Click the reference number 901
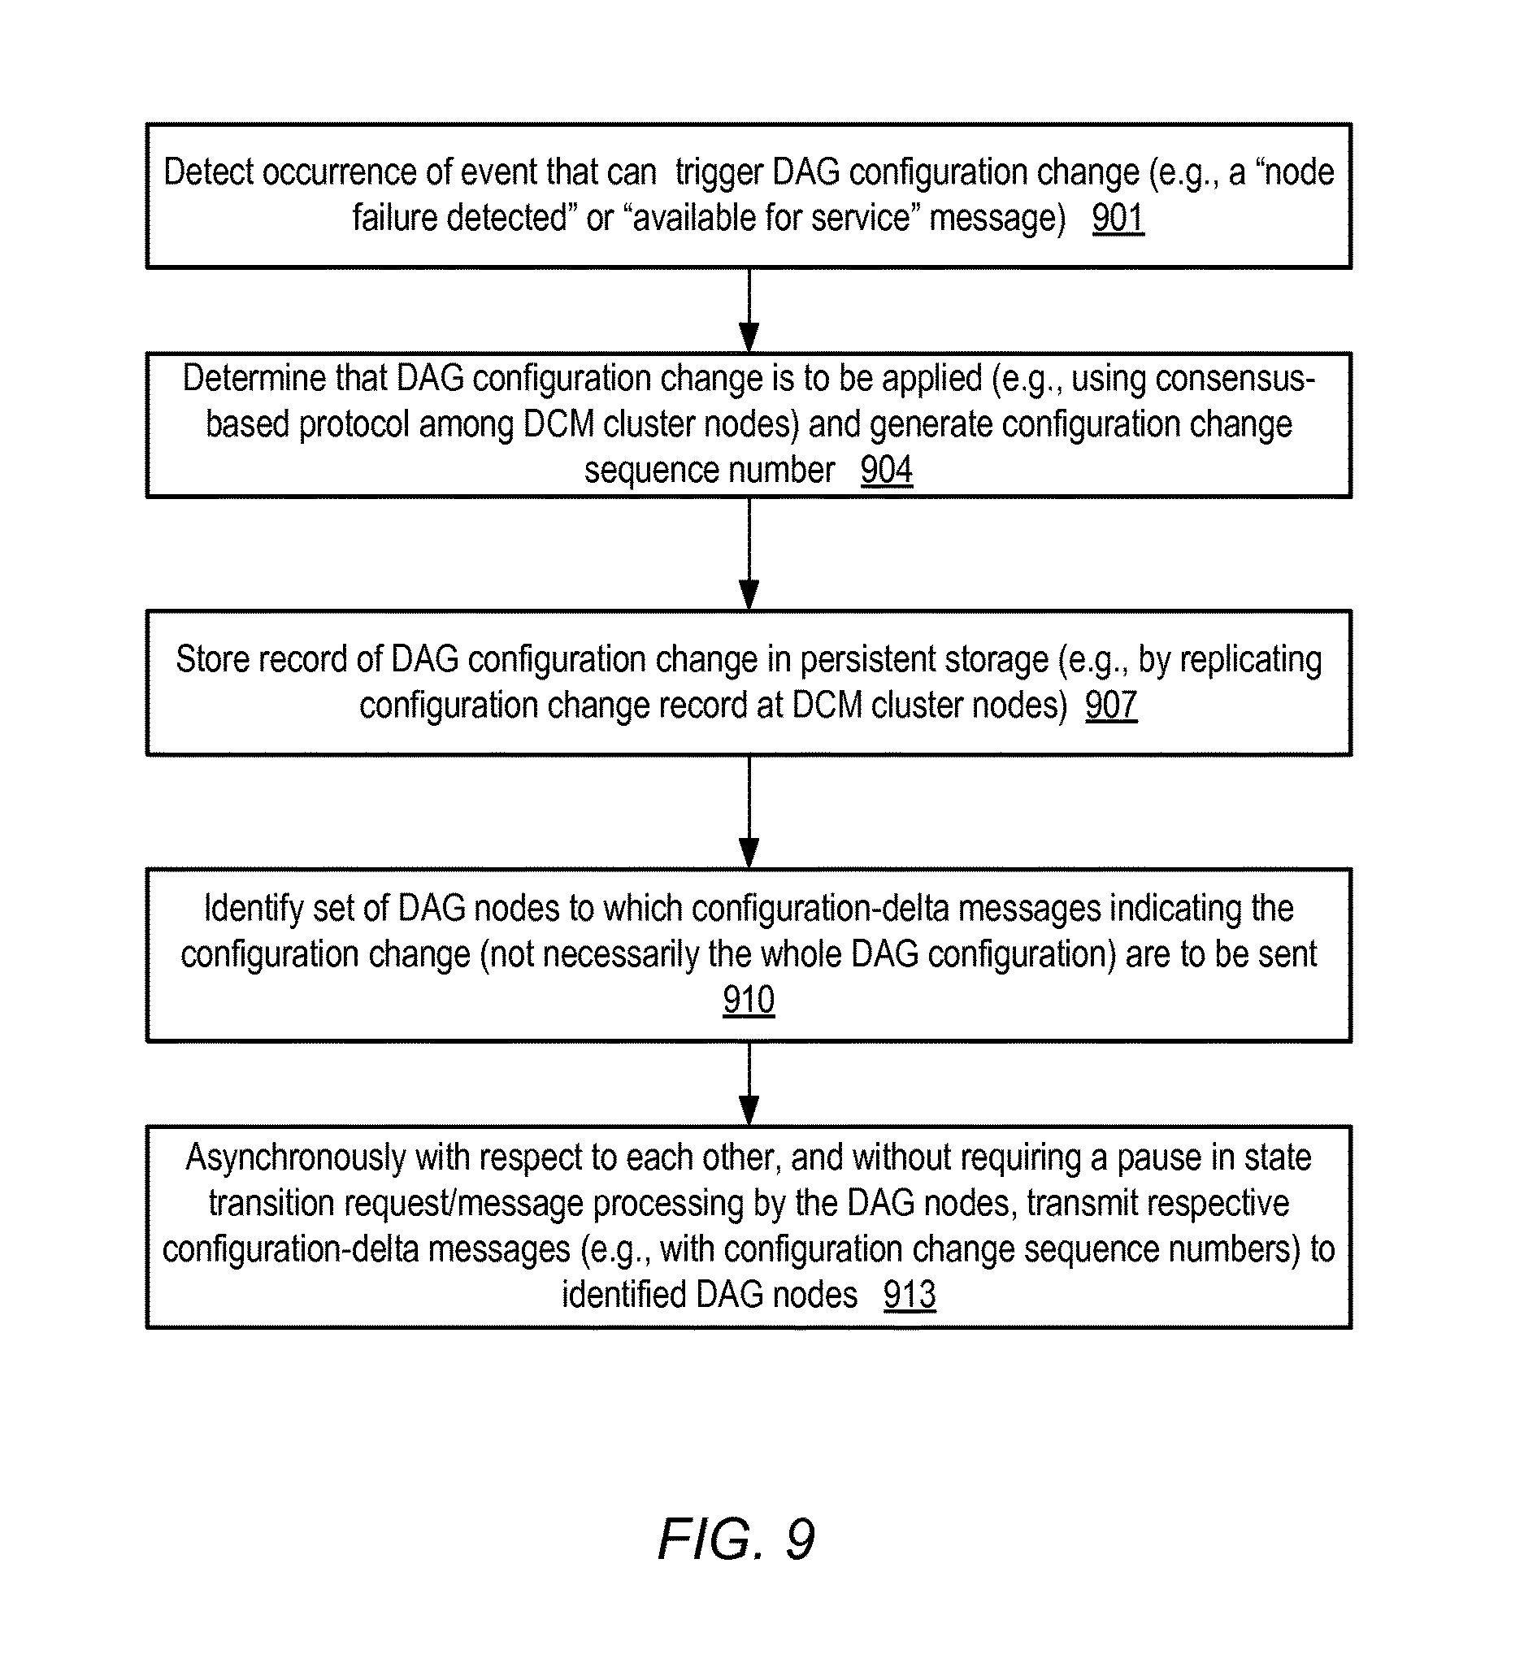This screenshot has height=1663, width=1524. [1118, 218]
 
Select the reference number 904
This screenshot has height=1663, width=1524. [887, 470]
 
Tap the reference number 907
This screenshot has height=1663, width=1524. [1111, 706]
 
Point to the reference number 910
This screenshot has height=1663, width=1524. [748, 1000]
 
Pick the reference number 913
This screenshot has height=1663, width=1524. [909, 1294]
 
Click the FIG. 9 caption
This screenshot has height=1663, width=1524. [736, 1539]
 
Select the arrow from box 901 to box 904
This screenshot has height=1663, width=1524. [749, 310]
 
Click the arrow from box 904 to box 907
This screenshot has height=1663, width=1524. [749, 554]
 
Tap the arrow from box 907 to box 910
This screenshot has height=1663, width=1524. [749, 812]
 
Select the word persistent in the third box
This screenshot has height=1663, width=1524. [866, 660]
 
